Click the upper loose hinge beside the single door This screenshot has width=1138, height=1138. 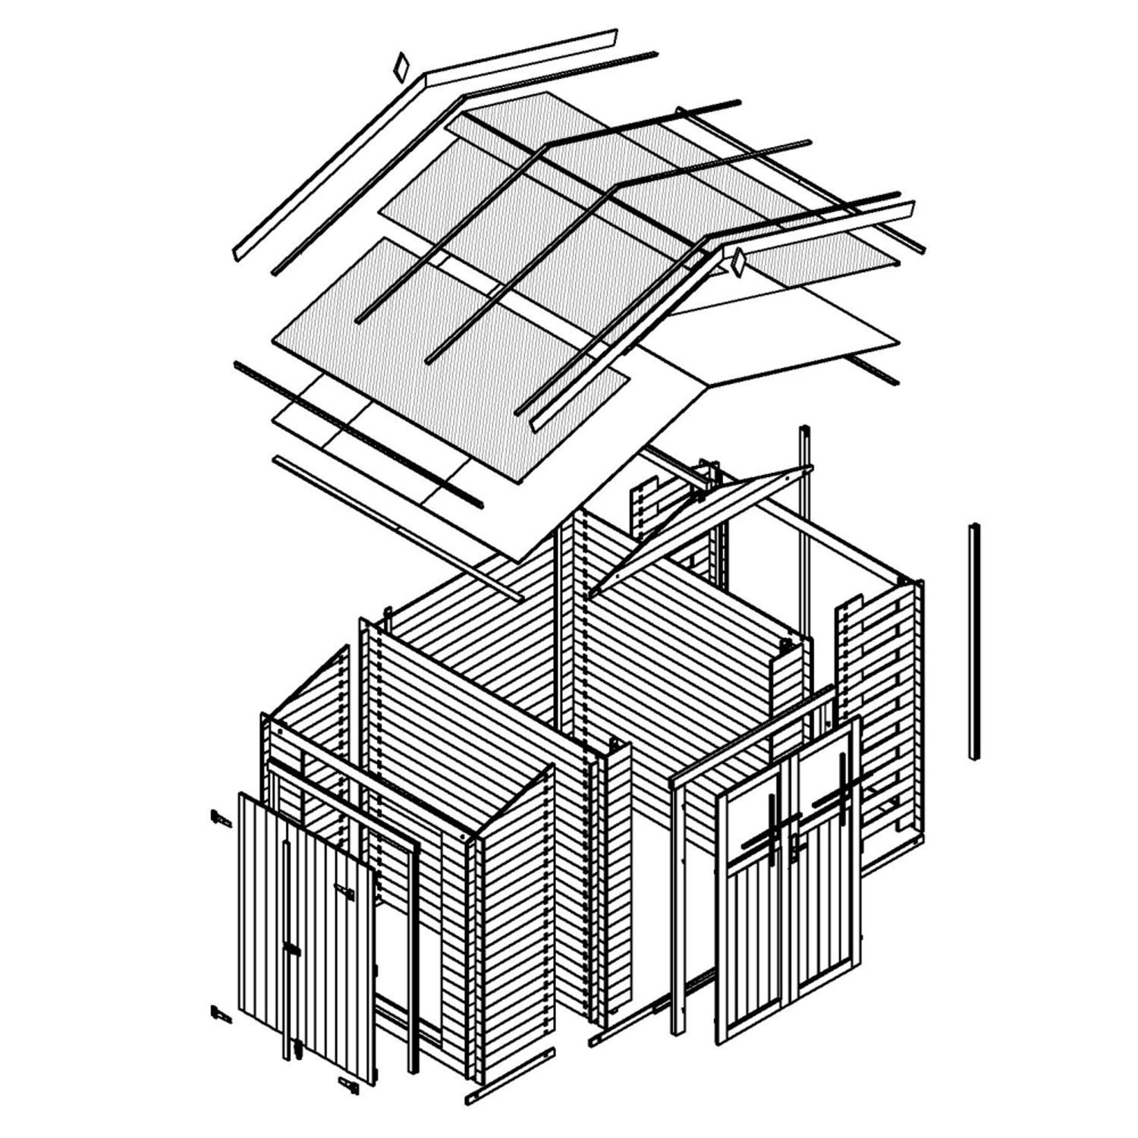point(221,819)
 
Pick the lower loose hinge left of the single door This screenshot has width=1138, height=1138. point(221,1013)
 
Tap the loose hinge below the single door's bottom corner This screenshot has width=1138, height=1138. point(349,1086)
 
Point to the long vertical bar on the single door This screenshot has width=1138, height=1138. point(288,948)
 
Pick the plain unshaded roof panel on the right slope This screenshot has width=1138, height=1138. point(789,334)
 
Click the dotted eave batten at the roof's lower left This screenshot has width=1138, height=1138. point(357,432)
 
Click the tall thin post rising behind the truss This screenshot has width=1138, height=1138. point(804,523)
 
